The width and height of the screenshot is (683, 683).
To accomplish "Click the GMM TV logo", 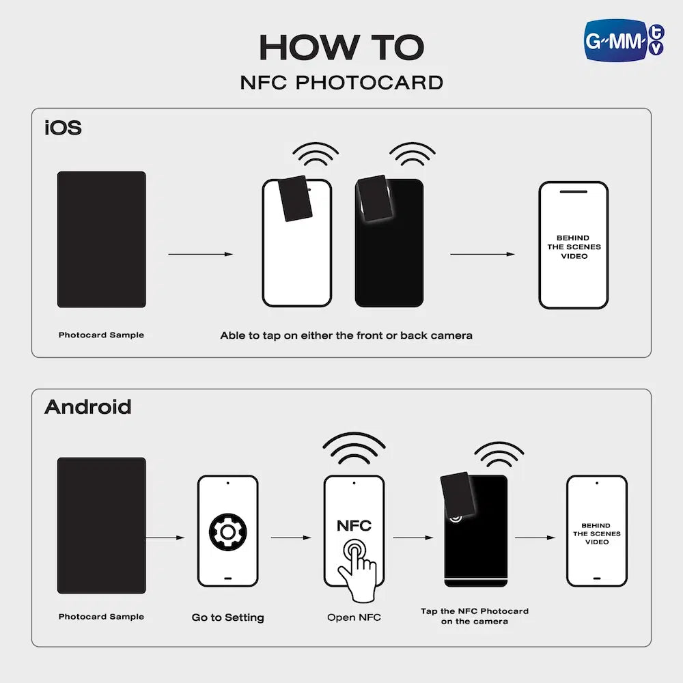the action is tap(624, 40).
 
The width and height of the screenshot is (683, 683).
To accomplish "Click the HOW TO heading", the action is tap(341, 48).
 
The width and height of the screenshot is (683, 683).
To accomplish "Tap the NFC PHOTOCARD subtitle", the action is tap(341, 83).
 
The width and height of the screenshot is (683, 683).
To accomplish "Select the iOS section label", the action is tap(63, 128).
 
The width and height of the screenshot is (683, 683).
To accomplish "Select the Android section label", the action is tap(87, 407).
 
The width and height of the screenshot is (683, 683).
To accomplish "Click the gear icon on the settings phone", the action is tap(228, 532).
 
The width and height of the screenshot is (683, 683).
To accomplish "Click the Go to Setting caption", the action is tap(228, 617).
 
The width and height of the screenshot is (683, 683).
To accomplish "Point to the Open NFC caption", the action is tap(354, 617).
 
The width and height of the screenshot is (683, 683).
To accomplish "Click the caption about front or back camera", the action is tap(346, 335).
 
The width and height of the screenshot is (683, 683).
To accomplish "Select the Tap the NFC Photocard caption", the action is tap(475, 616).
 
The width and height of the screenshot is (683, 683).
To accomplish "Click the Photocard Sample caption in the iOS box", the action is tap(101, 335).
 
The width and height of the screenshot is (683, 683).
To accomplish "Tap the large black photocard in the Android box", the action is tap(102, 525).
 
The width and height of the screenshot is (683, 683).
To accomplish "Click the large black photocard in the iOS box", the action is tap(102, 239).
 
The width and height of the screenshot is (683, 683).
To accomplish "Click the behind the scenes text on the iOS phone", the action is tap(574, 247).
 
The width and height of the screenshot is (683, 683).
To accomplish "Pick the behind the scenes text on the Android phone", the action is tap(596, 533).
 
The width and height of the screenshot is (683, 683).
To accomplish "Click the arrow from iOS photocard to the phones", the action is tap(201, 254).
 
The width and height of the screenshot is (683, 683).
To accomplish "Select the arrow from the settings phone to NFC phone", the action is tap(291, 538).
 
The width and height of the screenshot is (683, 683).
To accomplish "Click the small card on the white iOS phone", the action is tap(295, 198).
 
